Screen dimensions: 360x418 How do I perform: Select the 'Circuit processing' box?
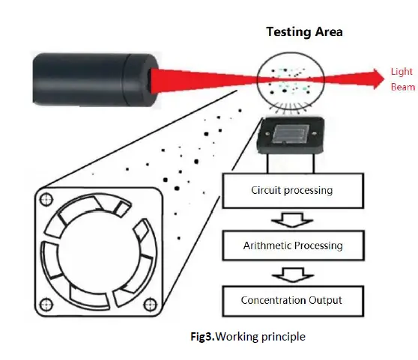tap(291, 190)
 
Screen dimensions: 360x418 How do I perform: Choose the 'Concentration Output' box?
tap(291, 300)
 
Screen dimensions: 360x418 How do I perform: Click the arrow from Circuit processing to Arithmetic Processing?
tap(291, 219)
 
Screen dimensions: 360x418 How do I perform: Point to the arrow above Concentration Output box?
tap(291, 273)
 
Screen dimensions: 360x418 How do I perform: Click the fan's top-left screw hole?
tap(46, 200)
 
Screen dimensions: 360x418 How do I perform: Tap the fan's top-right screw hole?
tap(152, 199)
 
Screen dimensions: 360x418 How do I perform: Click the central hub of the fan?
tap(99, 253)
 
